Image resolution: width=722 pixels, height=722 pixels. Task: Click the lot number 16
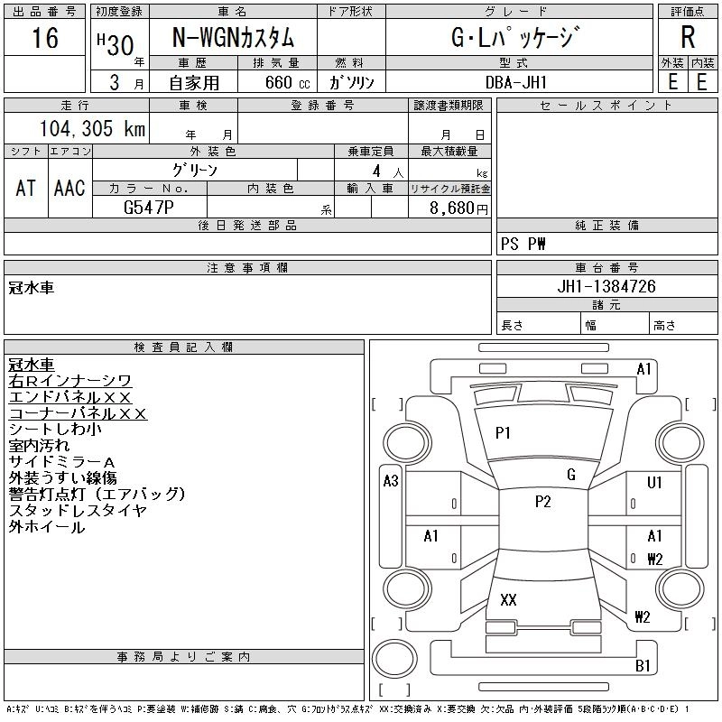click(44, 39)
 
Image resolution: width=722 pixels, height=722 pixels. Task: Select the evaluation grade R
click(688, 38)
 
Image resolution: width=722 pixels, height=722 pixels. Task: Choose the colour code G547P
click(150, 207)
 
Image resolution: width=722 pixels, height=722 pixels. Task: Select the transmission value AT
click(25, 188)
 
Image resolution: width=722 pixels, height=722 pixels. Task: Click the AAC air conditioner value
click(69, 188)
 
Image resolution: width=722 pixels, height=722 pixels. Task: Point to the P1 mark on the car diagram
click(503, 433)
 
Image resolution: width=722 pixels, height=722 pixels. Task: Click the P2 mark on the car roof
click(542, 503)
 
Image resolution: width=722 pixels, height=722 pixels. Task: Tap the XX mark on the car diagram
click(508, 600)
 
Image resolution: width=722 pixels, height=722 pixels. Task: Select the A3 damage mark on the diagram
click(391, 481)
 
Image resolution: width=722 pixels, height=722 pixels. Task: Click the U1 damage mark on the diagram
click(654, 482)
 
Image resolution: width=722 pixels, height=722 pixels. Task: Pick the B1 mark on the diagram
click(643, 666)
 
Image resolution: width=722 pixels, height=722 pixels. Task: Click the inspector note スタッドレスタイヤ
click(77, 511)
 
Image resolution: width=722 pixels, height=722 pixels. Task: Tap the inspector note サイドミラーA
click(62, 462)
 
